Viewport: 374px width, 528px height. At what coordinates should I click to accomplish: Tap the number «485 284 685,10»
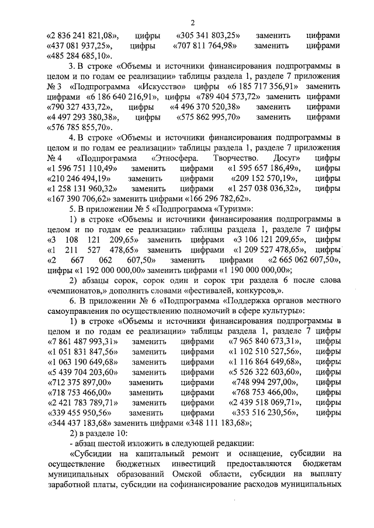(x=77, y=56)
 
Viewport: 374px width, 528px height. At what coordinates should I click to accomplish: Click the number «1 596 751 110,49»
(x=85, y=168)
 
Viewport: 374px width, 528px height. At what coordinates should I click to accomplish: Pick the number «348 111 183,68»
(x=227, y=422)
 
